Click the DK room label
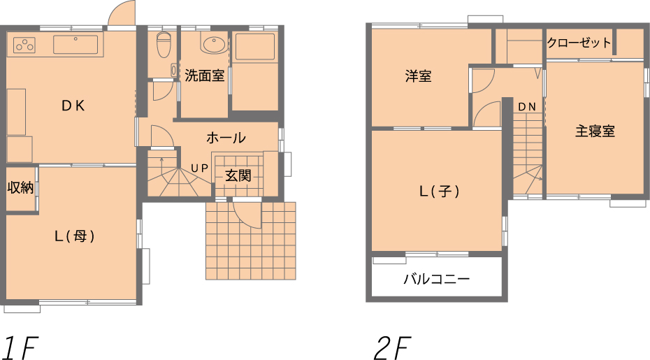(x=73, y=106)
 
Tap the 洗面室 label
(x=205, y=75)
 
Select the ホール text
(x=226, y=138)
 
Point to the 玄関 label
(x=238, y=175)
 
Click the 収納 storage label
(x=20, y=188)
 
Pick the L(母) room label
(x=75, y=236)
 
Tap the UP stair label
(x=199, y=168)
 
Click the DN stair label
(x=527, y=107)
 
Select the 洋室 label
(x=418, y=76)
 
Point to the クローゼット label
(x=579, y=43)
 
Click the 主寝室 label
(x=595, y=131)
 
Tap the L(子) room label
(x=440, y=192)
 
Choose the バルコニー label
(x=437, y=279)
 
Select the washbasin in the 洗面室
(x=213, y=43)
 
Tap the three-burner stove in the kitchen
(x=24, y=45)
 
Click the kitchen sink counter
(x=76, y=44)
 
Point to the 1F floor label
(x=20, y=348)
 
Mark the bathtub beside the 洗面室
(x=255, y=46)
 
